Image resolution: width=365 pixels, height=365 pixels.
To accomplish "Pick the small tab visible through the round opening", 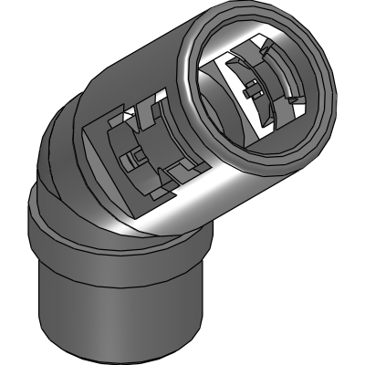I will point(250,89).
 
